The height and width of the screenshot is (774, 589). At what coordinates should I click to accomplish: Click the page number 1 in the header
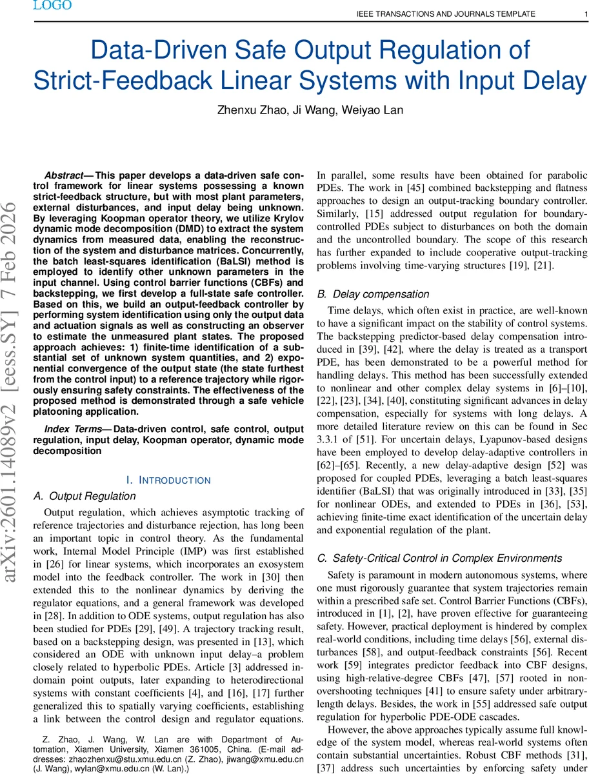pyautogui.click(x=577, y=14)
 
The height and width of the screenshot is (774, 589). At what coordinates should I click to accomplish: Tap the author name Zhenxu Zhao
pyautogui.click(x=248, y=110)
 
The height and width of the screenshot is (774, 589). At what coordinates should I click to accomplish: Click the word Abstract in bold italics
pyautogui.click(x=64, y=175)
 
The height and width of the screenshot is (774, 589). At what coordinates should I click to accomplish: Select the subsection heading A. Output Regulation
pyautogui.click(x=85, y=496)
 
